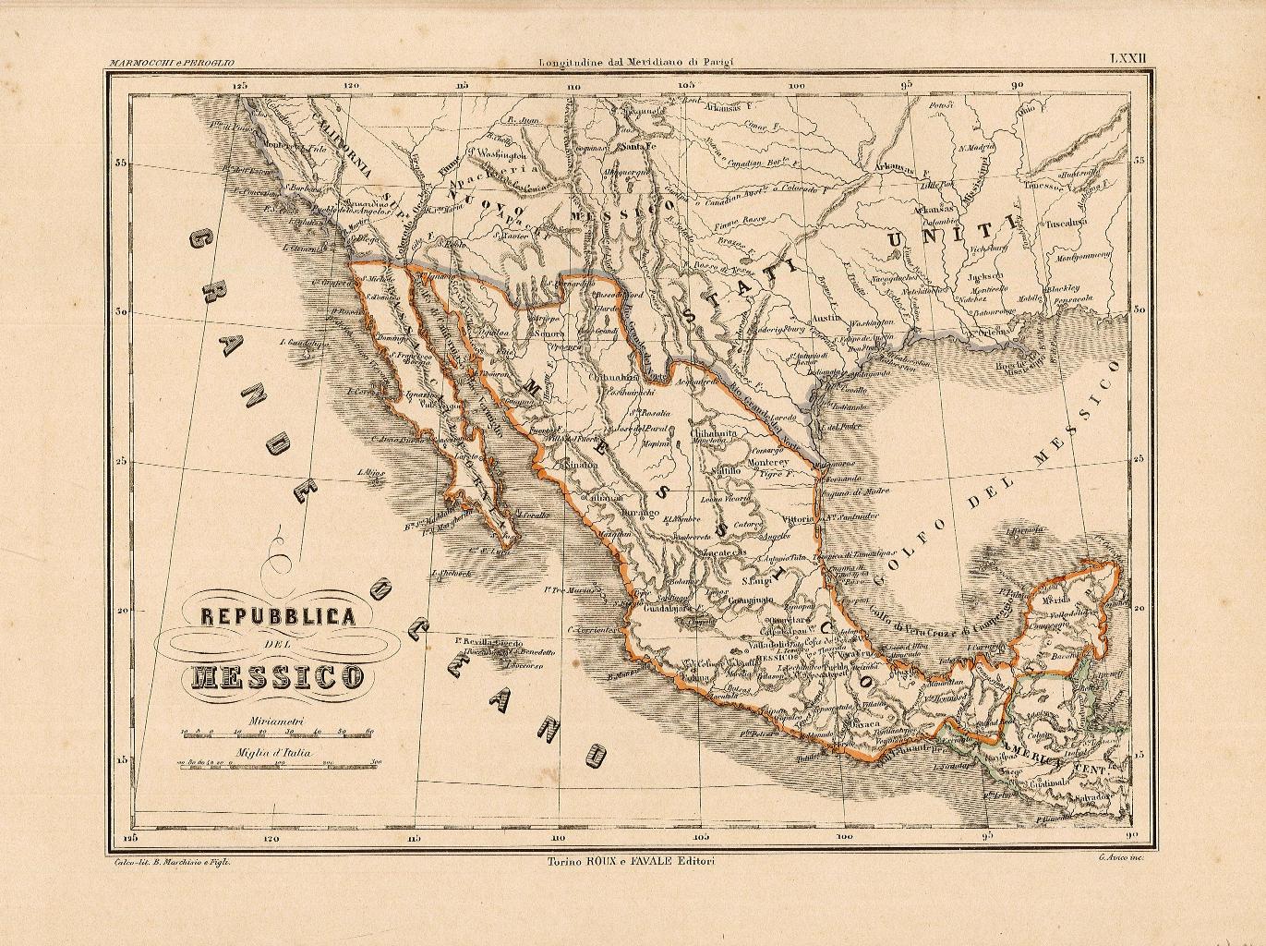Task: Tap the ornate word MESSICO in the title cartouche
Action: coord(278,677)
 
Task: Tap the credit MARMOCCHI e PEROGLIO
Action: coord(171,63)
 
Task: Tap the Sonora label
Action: coord(550,334)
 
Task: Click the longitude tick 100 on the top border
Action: coord(795,86)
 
